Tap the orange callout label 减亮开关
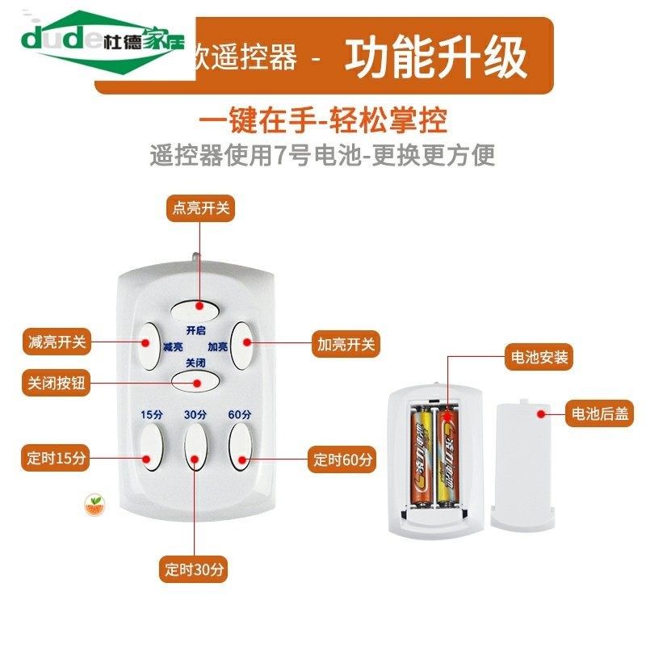pos(54,342)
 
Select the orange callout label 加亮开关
pos(346,344)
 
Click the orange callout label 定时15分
pos(54,459)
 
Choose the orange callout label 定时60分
pos(344,460)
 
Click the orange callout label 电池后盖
pos(599,413)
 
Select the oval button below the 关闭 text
pos(195,380)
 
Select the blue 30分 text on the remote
pos(195,414)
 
